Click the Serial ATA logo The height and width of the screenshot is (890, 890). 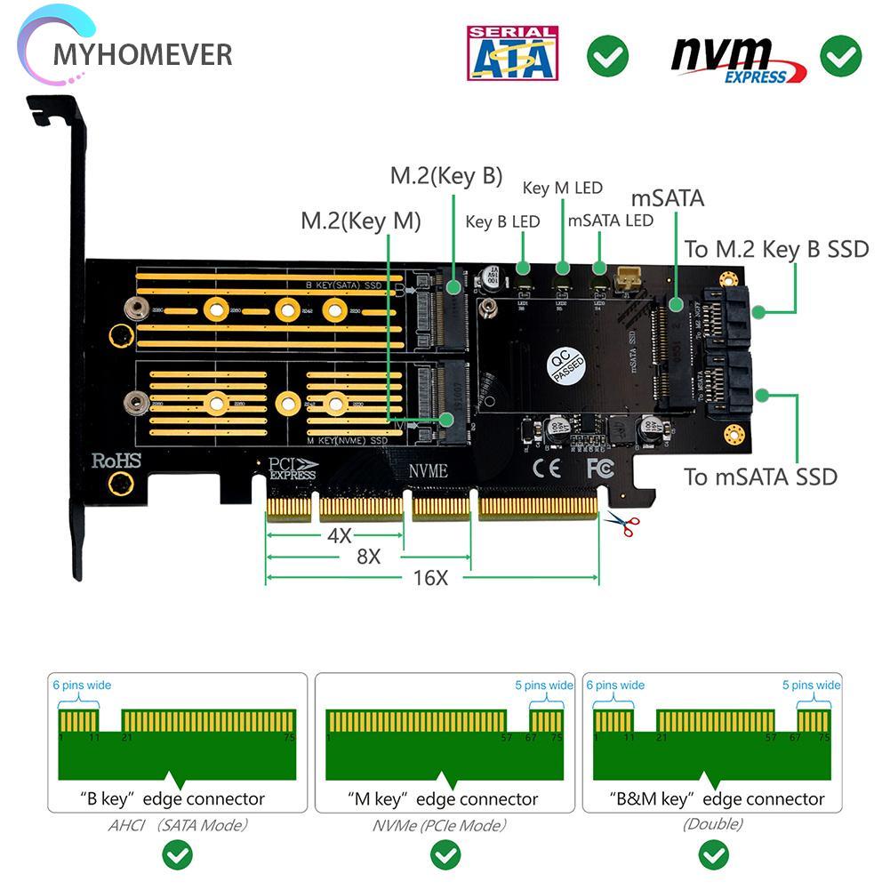point(512,53)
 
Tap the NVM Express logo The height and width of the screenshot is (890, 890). point(738,60)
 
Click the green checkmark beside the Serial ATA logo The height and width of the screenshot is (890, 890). point(607,56)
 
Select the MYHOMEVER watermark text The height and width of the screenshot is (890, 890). point(142,54)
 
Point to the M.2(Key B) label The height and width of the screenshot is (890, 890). point(446,175)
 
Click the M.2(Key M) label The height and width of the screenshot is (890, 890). point(360,220)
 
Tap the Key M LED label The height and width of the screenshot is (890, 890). point(562,188)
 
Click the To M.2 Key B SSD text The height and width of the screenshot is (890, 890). point(775,249)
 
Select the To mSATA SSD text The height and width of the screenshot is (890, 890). point(760,477)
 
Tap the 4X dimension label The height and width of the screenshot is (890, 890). point(338,536)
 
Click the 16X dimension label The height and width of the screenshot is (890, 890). point(430,578)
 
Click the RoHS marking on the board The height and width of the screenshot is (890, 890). point(116,461)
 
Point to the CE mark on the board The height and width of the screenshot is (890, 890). point(545,467)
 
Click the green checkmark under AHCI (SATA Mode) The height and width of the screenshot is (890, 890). point(178,856)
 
